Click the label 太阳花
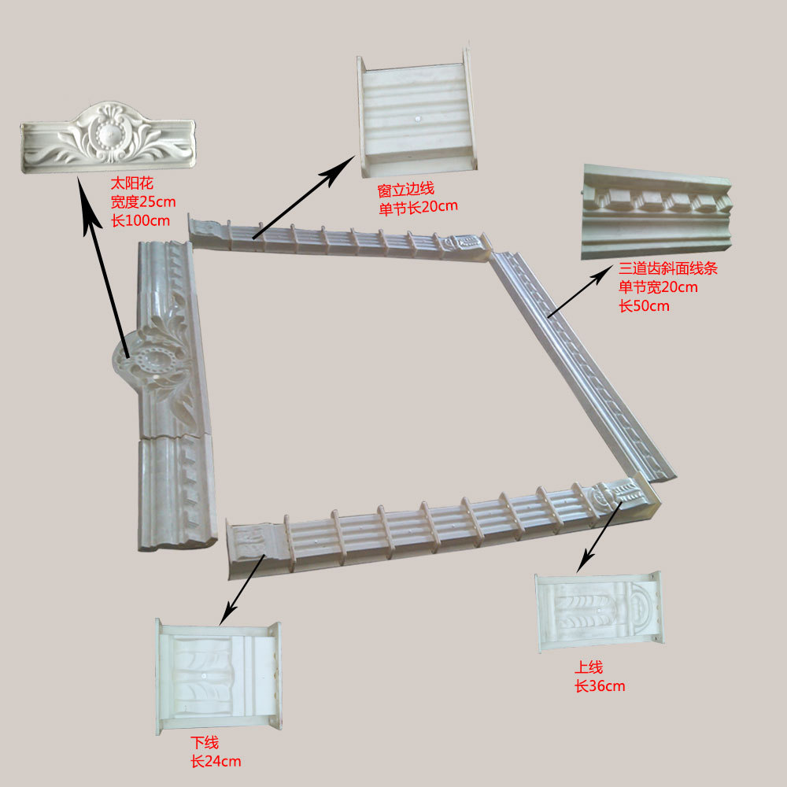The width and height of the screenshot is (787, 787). (x=127, y=183)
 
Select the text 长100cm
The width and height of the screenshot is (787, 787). (x=140, y=221)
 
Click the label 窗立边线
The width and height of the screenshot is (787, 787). (x=405, y=190)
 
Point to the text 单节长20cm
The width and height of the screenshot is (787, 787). (x=417, y=207)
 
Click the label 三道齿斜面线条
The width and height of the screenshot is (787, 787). (x=668, y=269)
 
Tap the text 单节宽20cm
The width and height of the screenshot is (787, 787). (x=658, y=287)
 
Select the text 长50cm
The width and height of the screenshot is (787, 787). (x=644, y=306)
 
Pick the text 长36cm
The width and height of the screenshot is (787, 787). (x=600, y=686)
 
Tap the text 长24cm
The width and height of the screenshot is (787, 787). (x=216, y=762)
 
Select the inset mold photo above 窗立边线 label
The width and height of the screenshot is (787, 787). (x=416, y=115)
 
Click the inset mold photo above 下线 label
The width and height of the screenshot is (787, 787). (x=218, y=676)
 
